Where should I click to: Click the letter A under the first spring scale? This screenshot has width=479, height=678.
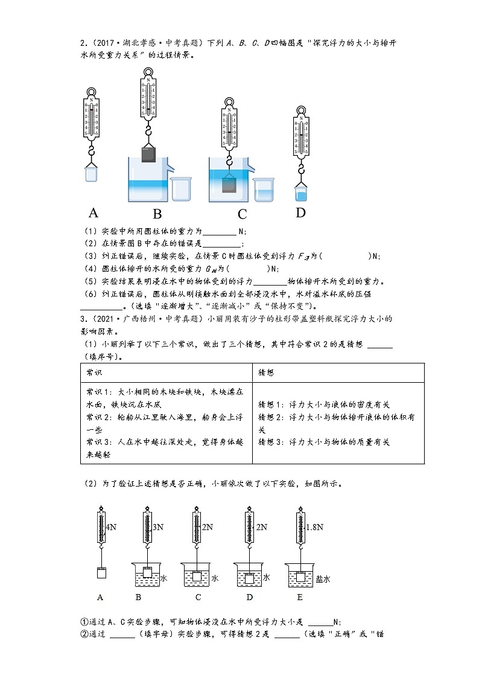94,213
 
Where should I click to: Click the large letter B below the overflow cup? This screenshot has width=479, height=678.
157,214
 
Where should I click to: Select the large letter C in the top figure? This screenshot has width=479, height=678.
243,214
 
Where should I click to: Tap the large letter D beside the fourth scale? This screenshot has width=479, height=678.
300,213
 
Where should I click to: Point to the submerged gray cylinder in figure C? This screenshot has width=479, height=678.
229,185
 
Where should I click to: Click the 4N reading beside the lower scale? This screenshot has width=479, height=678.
110,527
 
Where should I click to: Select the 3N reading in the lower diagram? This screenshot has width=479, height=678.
157,527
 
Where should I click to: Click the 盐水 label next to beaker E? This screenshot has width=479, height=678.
323,578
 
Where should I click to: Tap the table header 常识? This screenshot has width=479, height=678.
94,373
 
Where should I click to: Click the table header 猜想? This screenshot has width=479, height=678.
265,373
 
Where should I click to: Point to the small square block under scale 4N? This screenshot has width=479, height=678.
101,573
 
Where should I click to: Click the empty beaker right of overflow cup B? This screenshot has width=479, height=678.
181,189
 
